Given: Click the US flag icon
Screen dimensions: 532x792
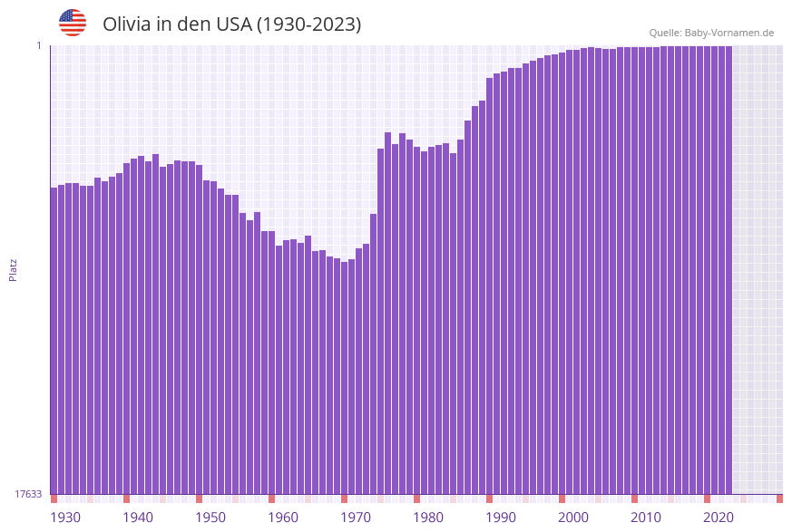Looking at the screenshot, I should [73, 23].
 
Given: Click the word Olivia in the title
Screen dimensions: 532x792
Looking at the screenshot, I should [126, 24].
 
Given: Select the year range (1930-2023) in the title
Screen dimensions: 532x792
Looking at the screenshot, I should [308, 24].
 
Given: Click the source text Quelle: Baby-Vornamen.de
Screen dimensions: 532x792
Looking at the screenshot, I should [711, 33].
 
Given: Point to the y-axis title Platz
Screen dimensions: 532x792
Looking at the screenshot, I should [14, 270].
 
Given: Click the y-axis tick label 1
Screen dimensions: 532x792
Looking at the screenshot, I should [39, 45].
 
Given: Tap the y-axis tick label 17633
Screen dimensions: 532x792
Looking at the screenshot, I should [28, 494].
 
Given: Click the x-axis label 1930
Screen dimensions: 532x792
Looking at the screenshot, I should [65, 517].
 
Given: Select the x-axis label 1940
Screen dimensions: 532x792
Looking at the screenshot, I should [138, 517].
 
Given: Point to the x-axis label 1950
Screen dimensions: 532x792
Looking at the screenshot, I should [210, 517].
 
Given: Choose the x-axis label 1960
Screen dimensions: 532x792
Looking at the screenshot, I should [283, 517].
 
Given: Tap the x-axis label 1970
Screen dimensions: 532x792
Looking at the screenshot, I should [356, 517].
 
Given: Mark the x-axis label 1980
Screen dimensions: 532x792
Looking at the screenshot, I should [428, 517].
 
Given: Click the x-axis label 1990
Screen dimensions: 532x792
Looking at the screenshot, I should [501, 517].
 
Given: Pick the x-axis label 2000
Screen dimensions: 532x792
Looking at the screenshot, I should [573, 517].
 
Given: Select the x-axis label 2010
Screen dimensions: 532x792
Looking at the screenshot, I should [646, 517].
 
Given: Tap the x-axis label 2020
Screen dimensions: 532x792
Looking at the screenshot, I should [719, 517].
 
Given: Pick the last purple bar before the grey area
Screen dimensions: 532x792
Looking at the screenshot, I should [728, 272].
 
